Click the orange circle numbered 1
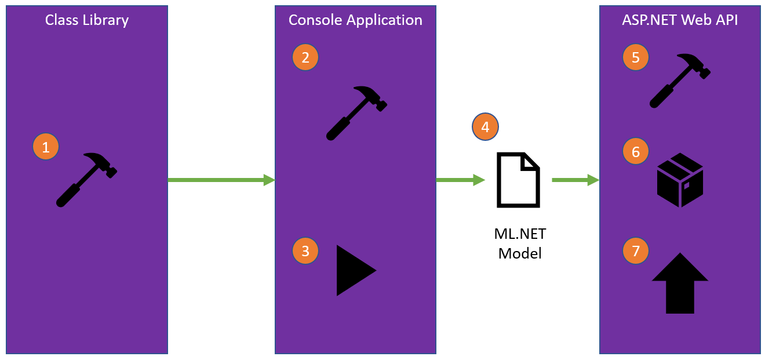tap(46, 147)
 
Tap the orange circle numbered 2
tap(305, 57)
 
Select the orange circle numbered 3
tap(305, 251)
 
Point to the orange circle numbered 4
tap(485, 127)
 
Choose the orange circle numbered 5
tap(636, 57)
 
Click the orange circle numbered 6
tap(636, 151)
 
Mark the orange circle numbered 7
tap(636, 251)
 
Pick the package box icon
tap(680, 180)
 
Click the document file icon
tap(518, 180)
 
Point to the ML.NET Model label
tap(520, 243)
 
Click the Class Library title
tap(87, 20)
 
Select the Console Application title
tap(355, 20)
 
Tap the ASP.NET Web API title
tap(680, 20)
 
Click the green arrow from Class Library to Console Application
tap(221, 180)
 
